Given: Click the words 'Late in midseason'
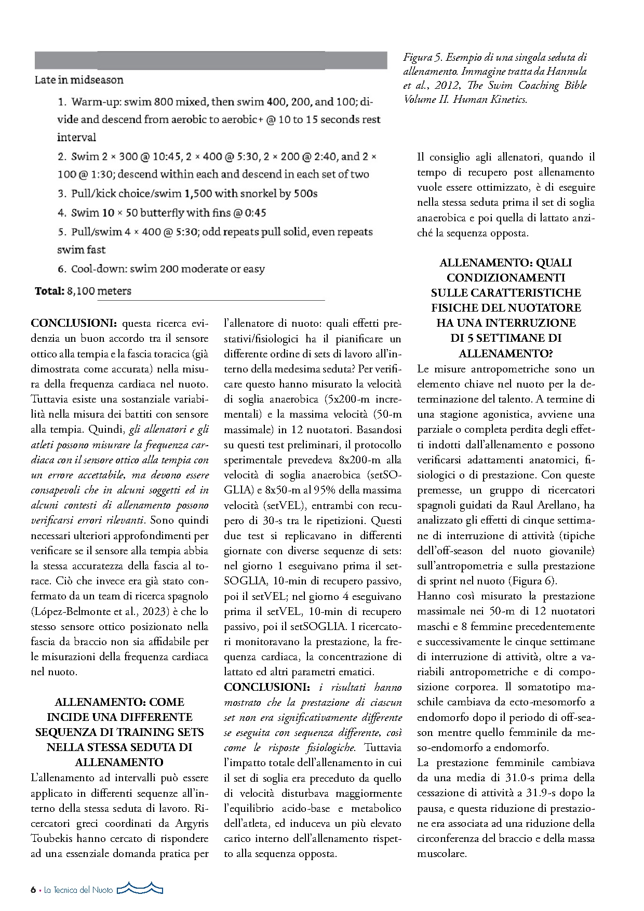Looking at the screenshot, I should [x=79, y=80].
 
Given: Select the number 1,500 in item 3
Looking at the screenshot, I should [x=198, y=194].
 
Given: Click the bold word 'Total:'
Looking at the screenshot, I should [x=50, y=291].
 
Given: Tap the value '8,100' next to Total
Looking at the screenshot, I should [x=81, y=291].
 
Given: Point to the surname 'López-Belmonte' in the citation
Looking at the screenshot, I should [x=67, y=611].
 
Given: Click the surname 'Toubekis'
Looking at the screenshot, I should [x=56, y=838].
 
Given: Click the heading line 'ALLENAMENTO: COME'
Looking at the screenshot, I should [x=119, y=702].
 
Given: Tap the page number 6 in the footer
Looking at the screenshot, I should [x=33, y=890].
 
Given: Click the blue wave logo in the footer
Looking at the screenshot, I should [x=140, y=889].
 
